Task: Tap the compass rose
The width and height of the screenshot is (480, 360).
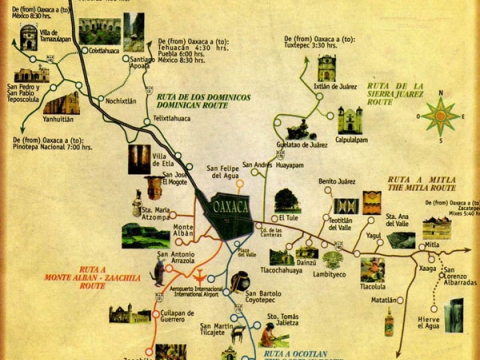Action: coord(440,115)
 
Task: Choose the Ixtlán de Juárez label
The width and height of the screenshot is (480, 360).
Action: coord(336,86)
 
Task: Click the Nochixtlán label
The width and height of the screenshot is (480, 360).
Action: coord(121,101)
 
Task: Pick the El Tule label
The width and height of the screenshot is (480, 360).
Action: coord(288,217)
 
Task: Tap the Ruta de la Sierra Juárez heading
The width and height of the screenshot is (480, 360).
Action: coord(396,93)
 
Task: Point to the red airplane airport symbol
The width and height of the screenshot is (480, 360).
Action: coord(198,277)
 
